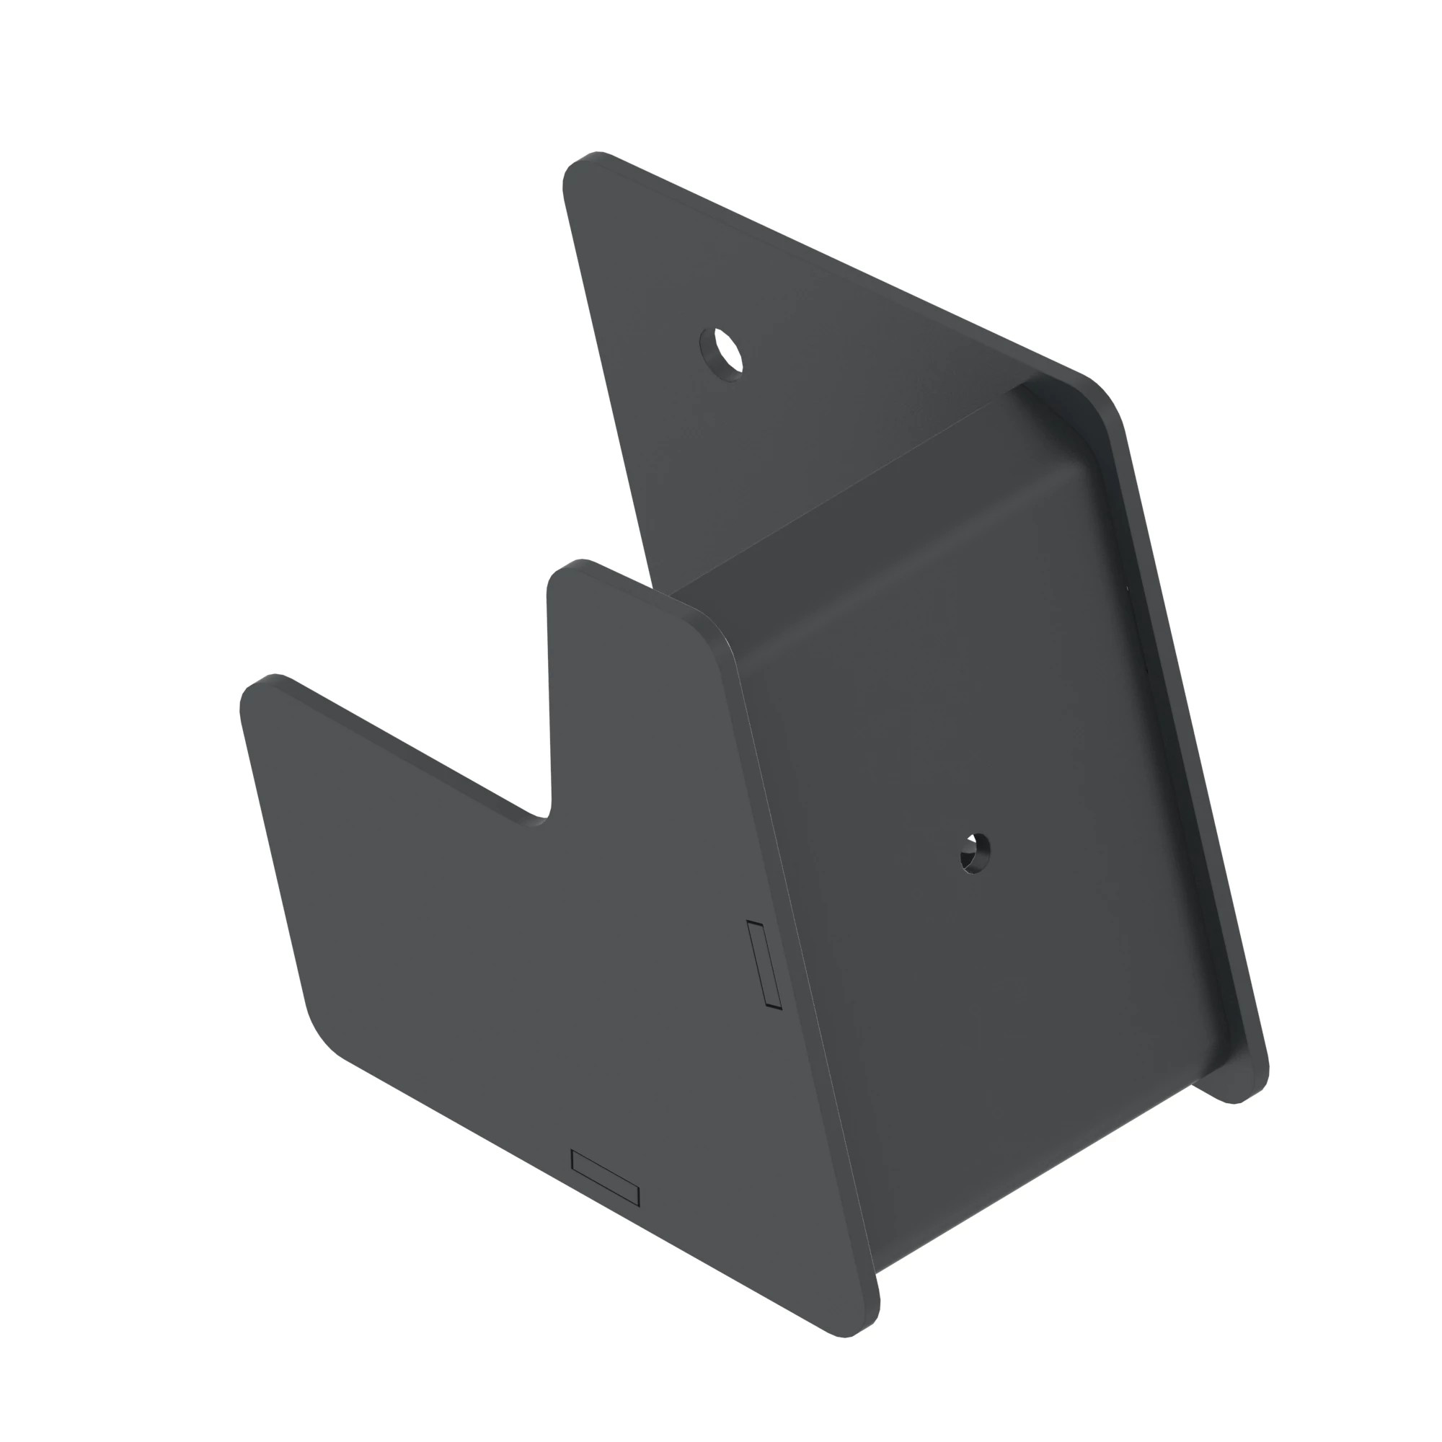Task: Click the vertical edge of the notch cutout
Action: coord(549,694)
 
